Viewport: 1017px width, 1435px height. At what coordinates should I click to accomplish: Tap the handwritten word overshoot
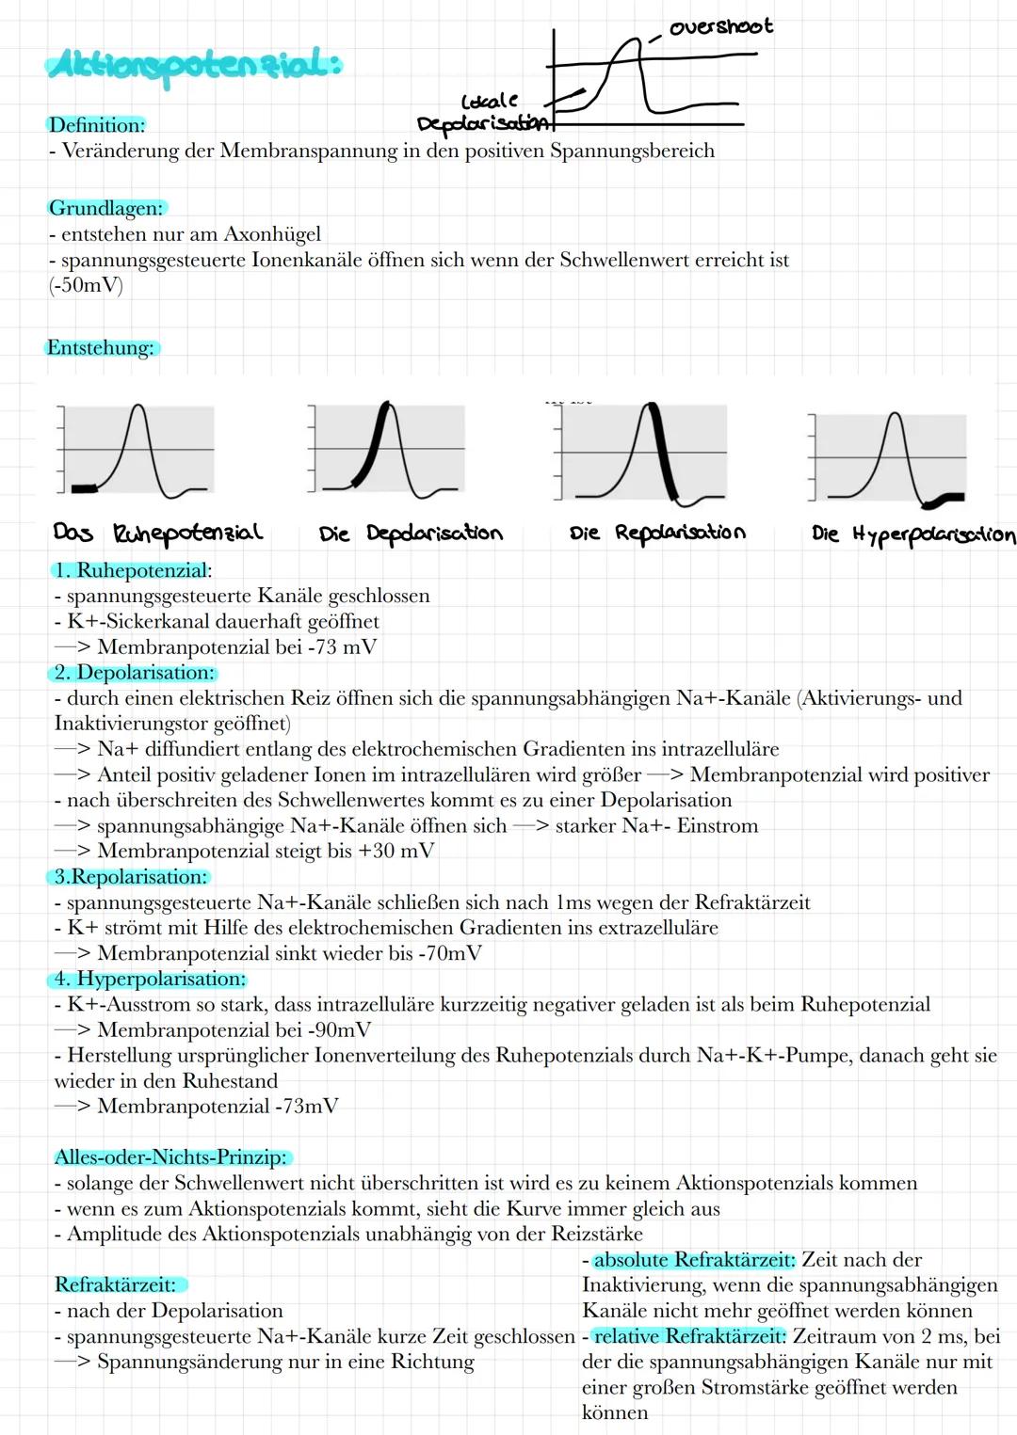[x=720, y=26]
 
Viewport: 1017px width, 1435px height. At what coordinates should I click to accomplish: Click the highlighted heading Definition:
[x=97, y=125]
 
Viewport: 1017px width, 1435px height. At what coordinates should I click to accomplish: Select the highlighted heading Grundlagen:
[x=105, y=208]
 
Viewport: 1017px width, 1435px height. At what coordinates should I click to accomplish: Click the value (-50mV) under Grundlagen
[x=86, y=285]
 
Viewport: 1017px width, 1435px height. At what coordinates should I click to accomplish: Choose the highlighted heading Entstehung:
[x=102, y=348]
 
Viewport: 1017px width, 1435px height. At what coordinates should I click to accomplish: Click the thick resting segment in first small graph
[x=85, y=487]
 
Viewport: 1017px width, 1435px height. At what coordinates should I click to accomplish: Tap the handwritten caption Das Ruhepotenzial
[x=157, y=534]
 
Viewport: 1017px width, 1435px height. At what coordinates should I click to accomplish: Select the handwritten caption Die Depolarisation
[x=411, y=534]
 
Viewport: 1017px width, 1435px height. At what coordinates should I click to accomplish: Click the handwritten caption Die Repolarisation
[x=657, y=533]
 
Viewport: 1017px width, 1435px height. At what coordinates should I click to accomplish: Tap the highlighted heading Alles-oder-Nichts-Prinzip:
[x=171, y=1157]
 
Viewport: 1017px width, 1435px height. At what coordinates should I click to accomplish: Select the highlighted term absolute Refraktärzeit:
[x=694, y=1260]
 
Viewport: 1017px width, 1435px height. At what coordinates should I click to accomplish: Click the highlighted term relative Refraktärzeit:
[x=689, y=1336]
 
